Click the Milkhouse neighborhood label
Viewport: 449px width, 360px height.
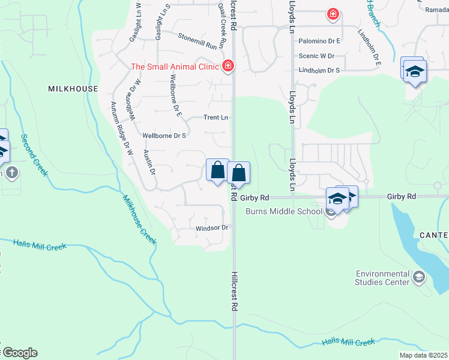coord(73,89)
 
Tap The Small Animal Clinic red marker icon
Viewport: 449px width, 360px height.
coord(228,66)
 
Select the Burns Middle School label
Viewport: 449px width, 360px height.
coord(283,211)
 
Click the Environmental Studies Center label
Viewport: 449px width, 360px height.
coord(382,277)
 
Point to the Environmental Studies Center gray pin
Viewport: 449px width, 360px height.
coord(419,277)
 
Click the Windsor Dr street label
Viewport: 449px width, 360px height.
coord(212,228)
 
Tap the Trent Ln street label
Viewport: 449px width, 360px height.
coord(216,118)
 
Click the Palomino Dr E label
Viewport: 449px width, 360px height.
coord(319,41)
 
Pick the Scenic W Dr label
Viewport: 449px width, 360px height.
coord(316,56)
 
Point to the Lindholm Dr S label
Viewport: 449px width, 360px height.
coord(319,70)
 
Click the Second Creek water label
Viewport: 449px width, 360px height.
coord(33,154)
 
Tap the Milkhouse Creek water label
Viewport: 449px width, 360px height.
coord(140,220)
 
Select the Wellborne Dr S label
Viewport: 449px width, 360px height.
coord(164,136)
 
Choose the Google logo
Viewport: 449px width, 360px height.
coord(19,353)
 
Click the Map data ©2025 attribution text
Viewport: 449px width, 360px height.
coord(423,355)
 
